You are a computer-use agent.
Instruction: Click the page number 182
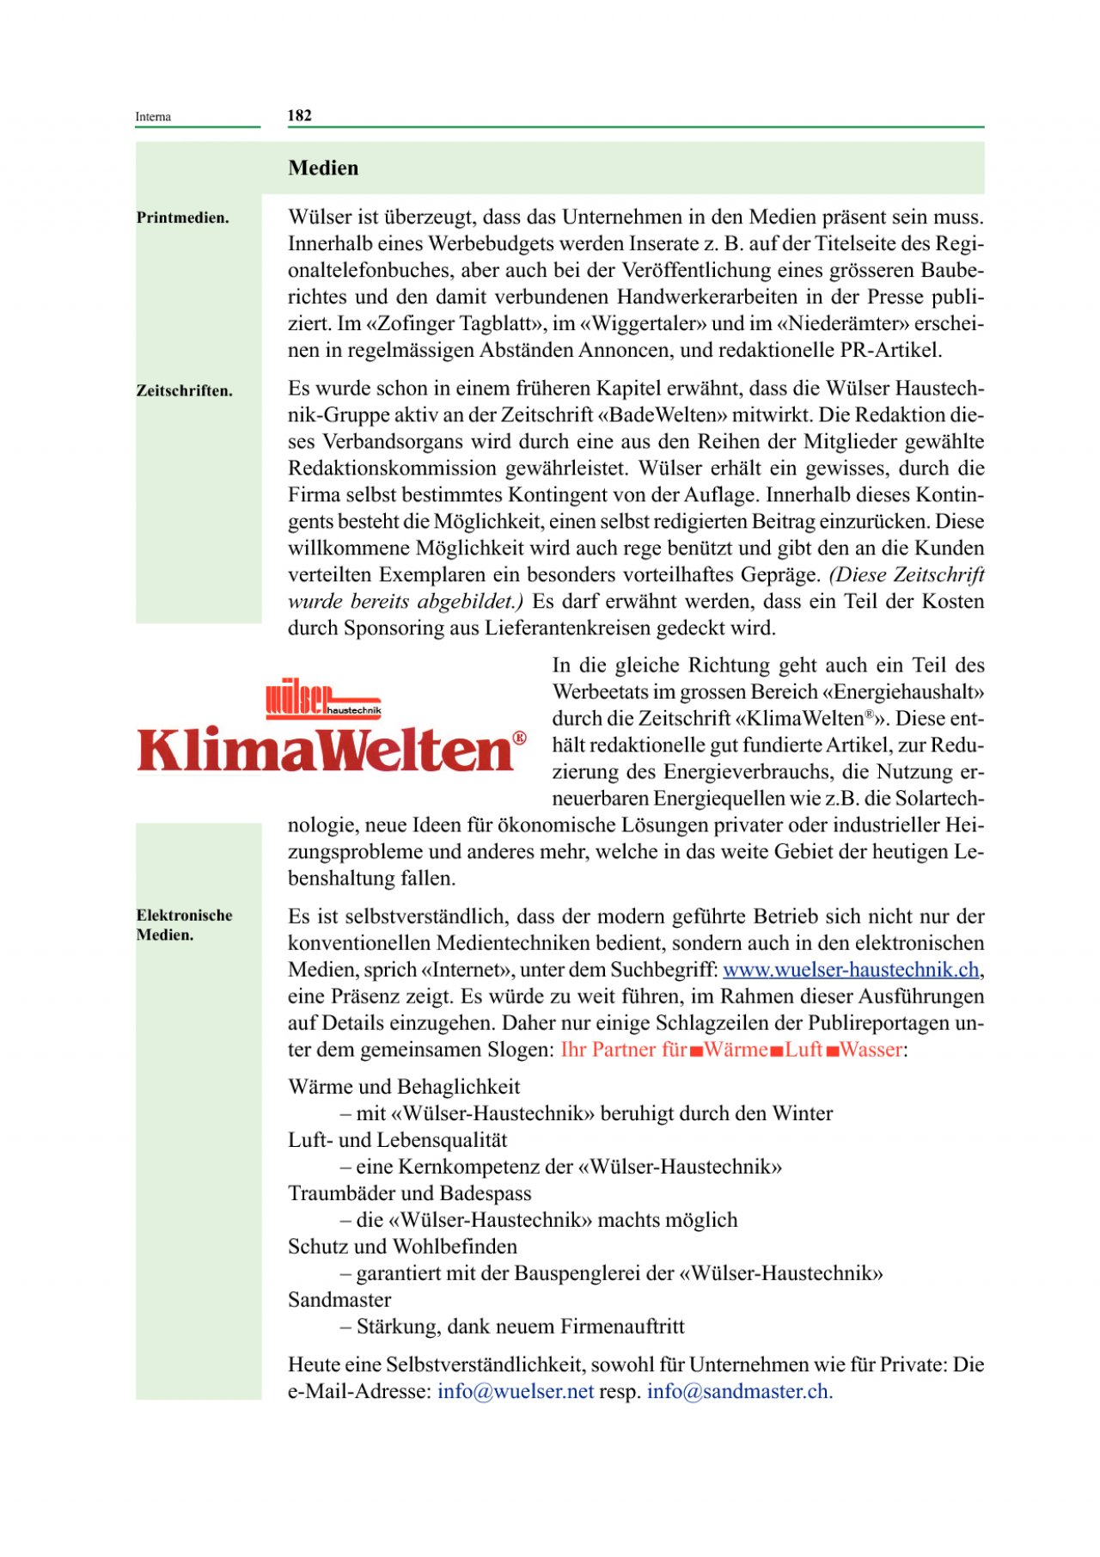299,115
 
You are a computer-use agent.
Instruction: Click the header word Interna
153,117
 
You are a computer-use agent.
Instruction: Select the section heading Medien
323,168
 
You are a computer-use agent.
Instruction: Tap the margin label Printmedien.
183,218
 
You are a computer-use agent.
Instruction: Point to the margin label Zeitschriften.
185,390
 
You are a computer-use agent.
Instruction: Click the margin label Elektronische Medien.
184,924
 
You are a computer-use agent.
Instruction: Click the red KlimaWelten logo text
325,751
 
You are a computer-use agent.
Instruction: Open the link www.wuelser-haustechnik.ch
851,970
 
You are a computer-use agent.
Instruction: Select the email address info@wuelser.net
516,1391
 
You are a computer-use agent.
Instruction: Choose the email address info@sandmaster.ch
739,1391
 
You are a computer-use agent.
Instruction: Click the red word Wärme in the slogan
736,1050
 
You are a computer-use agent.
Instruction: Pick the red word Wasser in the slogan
871,1050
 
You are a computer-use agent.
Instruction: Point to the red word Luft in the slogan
804,1050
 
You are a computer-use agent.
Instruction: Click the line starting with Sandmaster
339,1300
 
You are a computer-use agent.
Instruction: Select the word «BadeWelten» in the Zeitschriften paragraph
661,415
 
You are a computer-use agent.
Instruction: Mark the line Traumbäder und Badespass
410,1193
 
